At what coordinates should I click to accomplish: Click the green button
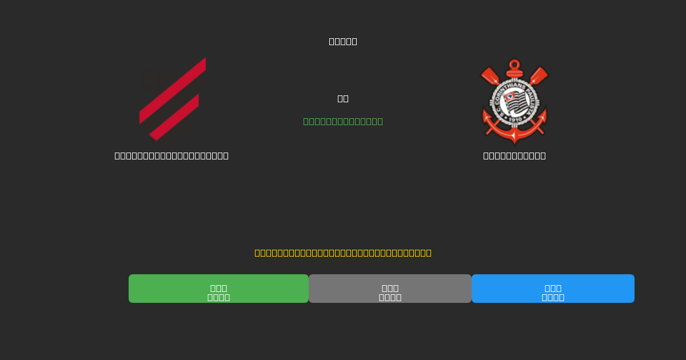point(218,289)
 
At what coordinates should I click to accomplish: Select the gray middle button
point(390,289)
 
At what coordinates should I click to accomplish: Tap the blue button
point(553,289)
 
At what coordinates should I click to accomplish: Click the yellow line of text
point(343,253)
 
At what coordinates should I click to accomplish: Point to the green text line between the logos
point(343,121)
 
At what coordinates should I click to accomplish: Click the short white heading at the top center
point(343,41)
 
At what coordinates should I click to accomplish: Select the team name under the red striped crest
point(171,155)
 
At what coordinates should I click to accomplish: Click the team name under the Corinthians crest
point(514,155)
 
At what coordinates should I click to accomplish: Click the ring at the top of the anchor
point(514,64)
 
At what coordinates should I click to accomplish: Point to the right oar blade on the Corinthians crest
point(539,75)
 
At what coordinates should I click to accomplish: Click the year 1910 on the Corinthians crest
point(514,120)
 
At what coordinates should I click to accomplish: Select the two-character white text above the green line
point(343,98)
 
